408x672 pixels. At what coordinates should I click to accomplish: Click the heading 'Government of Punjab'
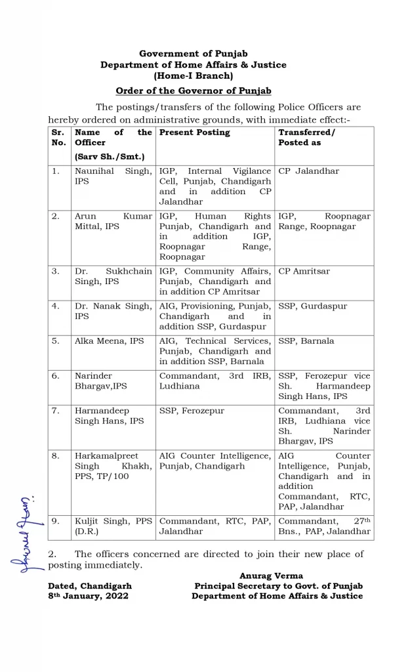194,53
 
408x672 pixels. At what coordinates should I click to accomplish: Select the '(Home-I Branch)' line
194,76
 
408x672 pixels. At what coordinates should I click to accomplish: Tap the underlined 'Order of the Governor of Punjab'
194,91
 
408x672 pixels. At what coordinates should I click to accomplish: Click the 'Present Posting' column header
195,133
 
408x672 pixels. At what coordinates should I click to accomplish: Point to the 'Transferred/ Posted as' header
307,137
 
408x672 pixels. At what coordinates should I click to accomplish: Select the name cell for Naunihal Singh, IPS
113,176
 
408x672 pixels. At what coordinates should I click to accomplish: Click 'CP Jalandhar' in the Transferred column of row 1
309,171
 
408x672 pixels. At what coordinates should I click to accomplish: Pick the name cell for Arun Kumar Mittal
113,221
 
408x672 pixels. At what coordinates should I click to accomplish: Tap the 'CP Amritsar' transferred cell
304,271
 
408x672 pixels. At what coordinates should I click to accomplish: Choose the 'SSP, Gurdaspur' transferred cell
313,306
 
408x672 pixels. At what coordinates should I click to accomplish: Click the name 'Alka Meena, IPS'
110,341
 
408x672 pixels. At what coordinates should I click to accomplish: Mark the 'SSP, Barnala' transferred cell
306,341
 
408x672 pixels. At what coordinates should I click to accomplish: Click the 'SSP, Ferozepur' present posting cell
192,411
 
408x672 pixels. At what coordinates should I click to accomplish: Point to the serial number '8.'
56,456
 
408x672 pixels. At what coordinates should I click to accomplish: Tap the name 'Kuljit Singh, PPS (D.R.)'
113,526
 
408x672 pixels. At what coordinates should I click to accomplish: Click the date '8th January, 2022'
88,596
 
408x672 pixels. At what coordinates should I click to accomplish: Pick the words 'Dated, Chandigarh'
90,586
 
